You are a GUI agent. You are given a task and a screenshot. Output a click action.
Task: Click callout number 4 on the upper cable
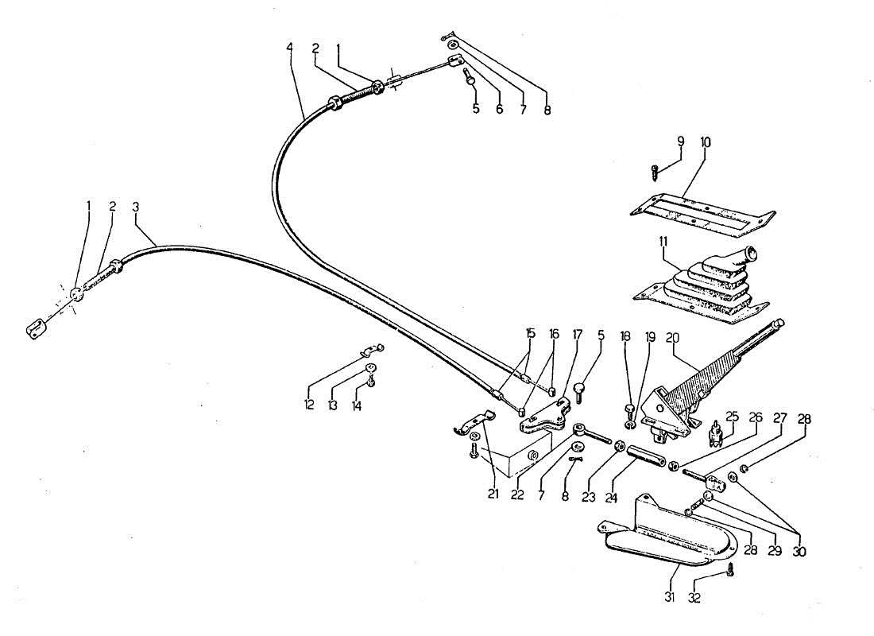[289, 48]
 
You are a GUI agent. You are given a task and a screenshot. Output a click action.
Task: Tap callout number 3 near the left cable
[136, 206]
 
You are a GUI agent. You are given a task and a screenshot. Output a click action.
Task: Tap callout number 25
[732, 416]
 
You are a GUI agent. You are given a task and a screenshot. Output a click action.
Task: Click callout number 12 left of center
[308, 405]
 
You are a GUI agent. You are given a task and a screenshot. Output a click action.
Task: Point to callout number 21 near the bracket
[493, 494]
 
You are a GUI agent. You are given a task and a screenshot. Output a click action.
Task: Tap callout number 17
[578, 335]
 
